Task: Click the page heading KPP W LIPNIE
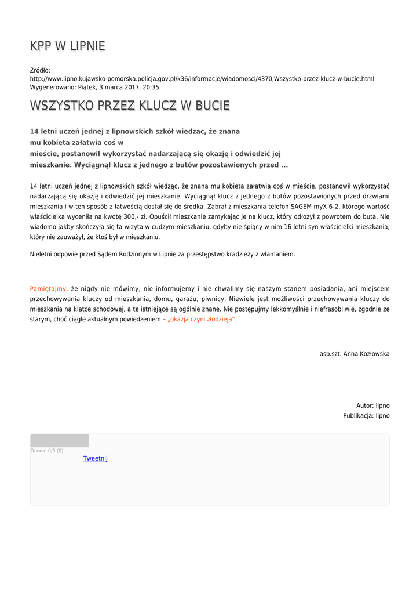tap(67, 46)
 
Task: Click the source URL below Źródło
tap(202, 78)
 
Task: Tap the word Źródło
tap(40, 70)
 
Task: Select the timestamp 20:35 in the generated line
tap(151, 87)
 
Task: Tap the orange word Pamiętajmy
tap(49, 288)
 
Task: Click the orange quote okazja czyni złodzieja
tap(202, 320)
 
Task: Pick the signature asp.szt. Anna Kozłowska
tap(355, 353)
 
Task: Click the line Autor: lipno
tap(372, 405)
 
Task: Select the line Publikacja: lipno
tap(366, 416)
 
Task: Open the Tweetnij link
tap(96, 458)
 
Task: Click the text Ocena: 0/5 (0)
tap(47, 451)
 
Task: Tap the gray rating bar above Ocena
tap(59, 441)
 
